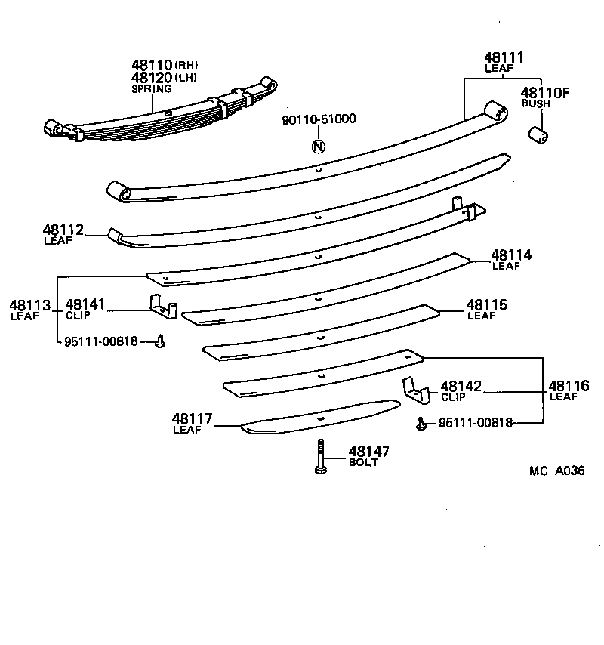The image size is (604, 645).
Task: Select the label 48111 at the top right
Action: [x=504, y=57]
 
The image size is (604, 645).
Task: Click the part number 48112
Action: [x=63, y=230]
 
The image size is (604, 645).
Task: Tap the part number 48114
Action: [x=511, y=255]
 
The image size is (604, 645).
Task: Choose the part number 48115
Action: [x=486, y=305]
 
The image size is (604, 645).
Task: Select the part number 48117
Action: [x=192, y=419]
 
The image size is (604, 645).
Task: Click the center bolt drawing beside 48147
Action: [x=320, y=458]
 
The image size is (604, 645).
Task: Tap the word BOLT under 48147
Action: [x=363, y=463]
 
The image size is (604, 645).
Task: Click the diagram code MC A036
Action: [x=557, y=471]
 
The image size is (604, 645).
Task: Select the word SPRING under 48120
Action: [x=152, y=88]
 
